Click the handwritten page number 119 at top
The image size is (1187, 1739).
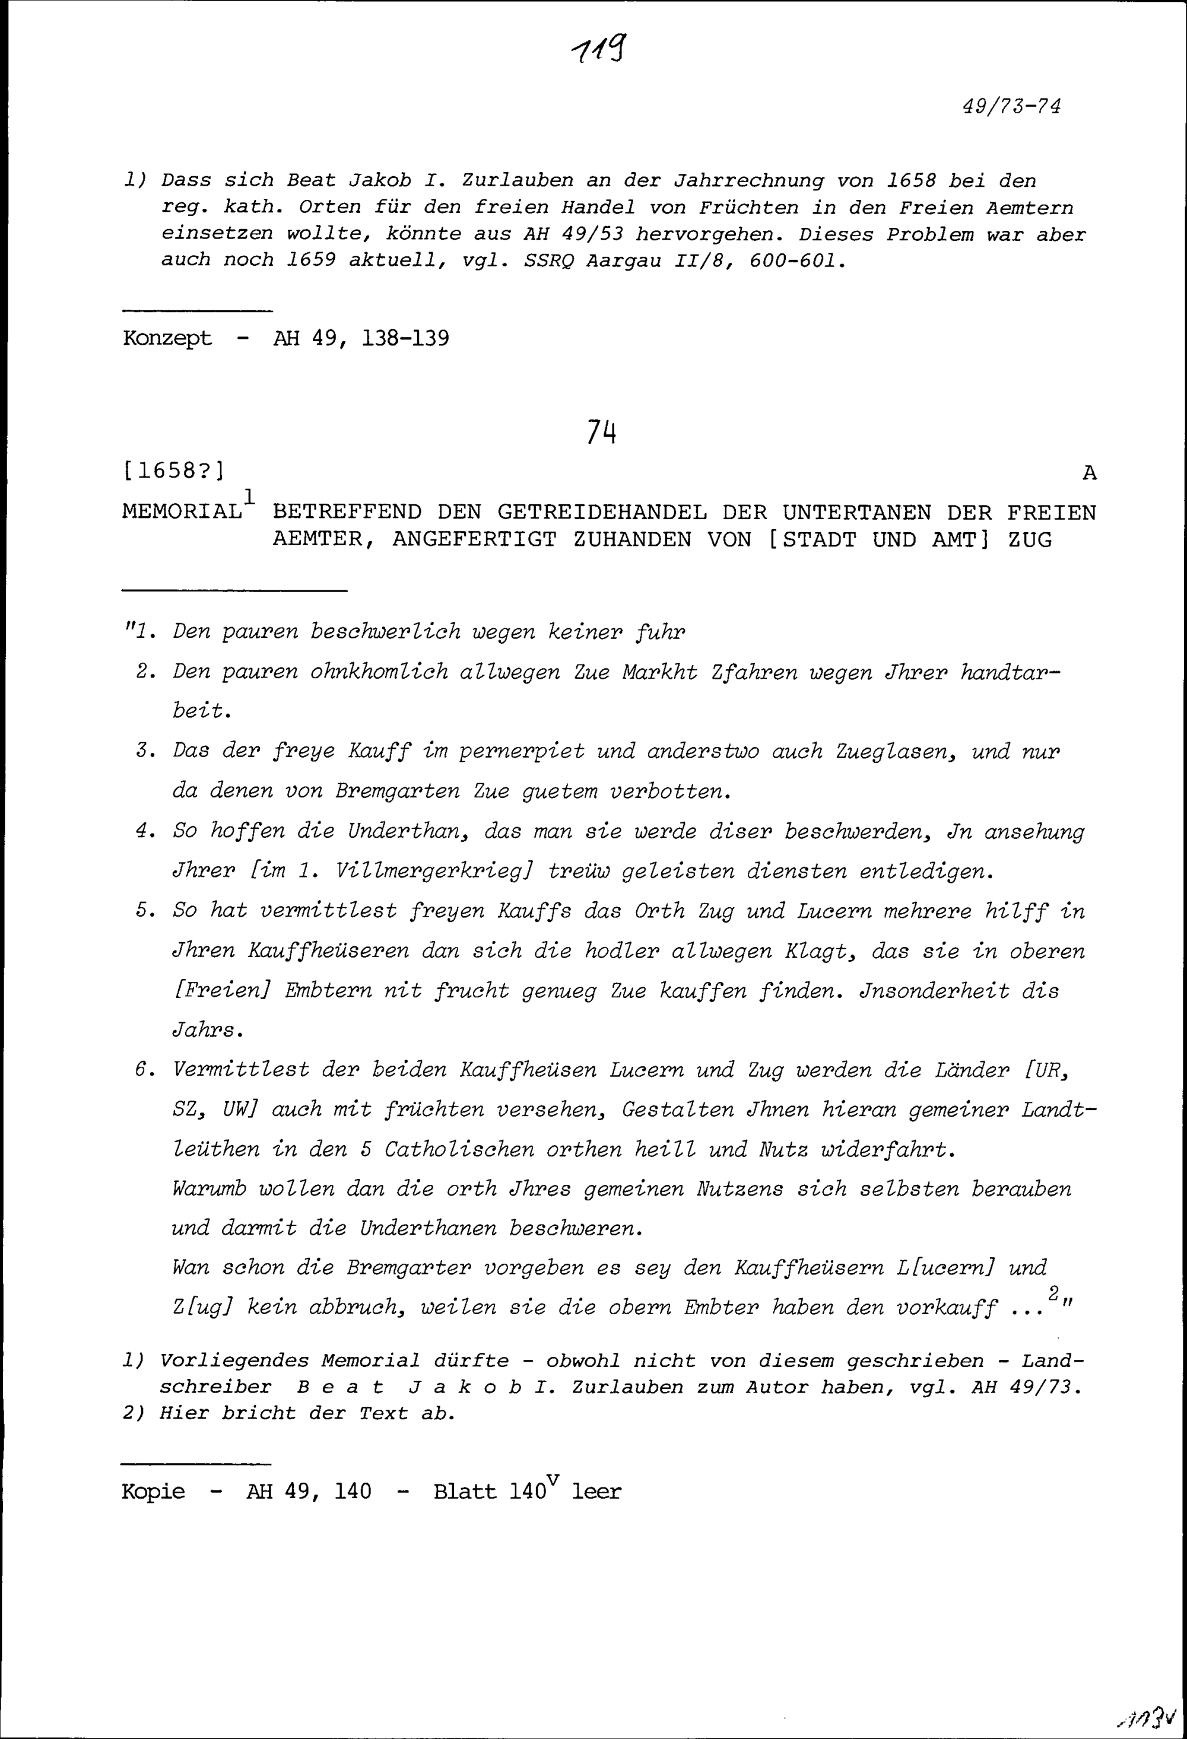point(599,51)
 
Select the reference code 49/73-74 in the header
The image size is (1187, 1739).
point(1011,107)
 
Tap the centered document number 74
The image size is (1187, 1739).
point(601,432)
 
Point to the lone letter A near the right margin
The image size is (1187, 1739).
point(1089,473)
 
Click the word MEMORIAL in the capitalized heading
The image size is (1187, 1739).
point(182,513)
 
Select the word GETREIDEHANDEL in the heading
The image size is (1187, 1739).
point(602,513)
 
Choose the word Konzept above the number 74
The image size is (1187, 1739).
point(167,339)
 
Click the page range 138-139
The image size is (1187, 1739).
point(405,339)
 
